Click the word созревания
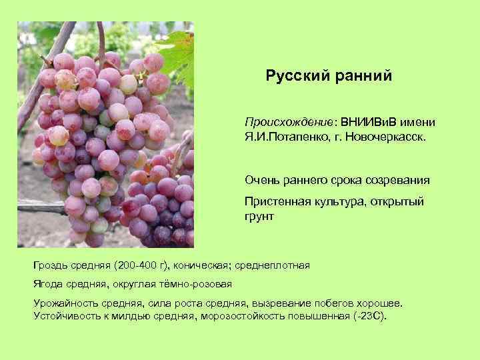click(396, 180)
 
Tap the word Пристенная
click(275, 202)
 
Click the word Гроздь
click(51, 266)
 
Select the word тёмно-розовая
click(195, 284)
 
